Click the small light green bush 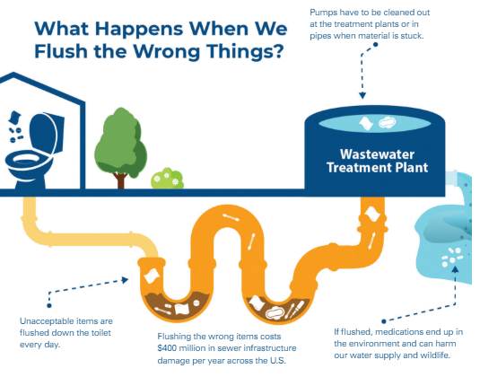tap(167, 180)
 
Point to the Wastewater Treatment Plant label tap(376, 160)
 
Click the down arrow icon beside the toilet tap(15, 117)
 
